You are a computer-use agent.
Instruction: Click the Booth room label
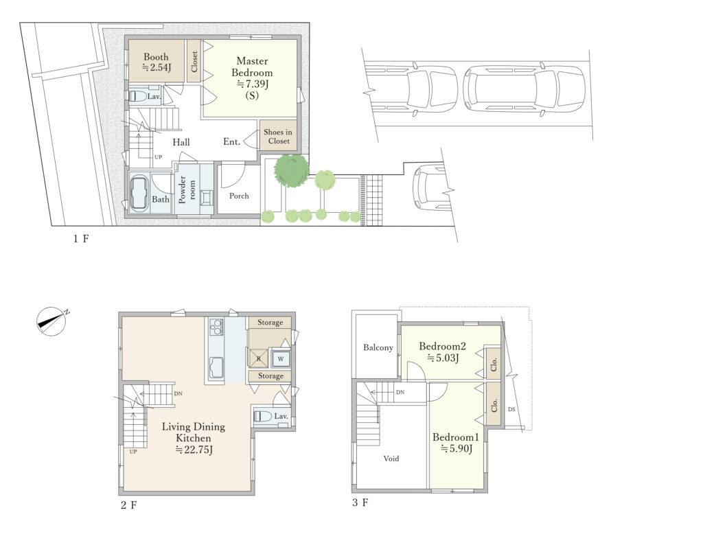[156, 57]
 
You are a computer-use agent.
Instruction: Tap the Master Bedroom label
[252, 67]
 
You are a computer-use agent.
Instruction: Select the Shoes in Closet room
[278, 135]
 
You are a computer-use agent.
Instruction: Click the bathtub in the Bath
[139, 194]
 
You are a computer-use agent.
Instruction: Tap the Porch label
[239, 196]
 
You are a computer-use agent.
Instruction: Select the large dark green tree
[291, 170]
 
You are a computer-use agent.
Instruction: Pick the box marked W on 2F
[281, 358]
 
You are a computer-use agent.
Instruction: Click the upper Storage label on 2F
[270, 323]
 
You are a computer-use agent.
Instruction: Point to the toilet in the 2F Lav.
[263, 417]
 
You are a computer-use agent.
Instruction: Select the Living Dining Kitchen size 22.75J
[194, 450]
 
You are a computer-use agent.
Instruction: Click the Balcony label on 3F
[378, 347]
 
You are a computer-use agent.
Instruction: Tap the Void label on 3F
[391, 459]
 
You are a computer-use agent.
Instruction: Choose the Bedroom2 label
[442, 346]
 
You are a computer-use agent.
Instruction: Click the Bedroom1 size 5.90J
[456, 448]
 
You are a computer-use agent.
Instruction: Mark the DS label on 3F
[512, 409]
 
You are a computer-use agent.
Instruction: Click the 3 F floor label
[360, 502]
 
